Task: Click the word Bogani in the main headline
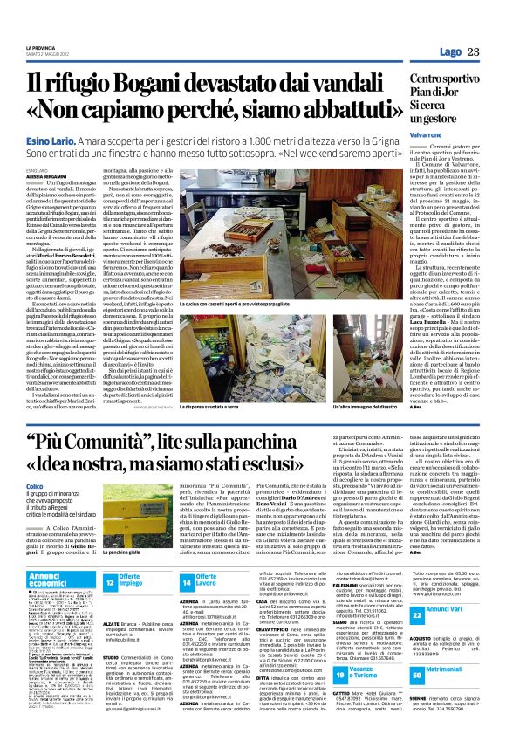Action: click(162, 86)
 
